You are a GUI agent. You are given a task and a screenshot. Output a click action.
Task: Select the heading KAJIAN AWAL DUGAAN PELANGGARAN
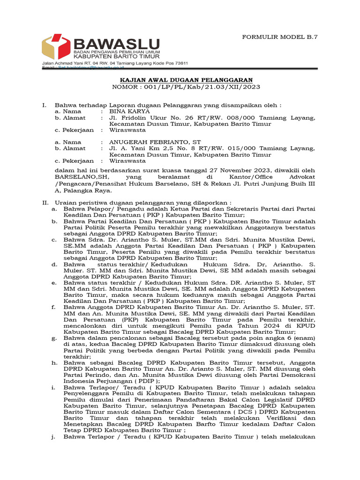(186, 80)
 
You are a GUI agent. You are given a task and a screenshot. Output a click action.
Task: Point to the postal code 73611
(180, 63)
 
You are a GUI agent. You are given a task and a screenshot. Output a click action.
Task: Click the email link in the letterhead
(94, 68)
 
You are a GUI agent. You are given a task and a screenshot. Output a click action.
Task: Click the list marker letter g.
(54, 337)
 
